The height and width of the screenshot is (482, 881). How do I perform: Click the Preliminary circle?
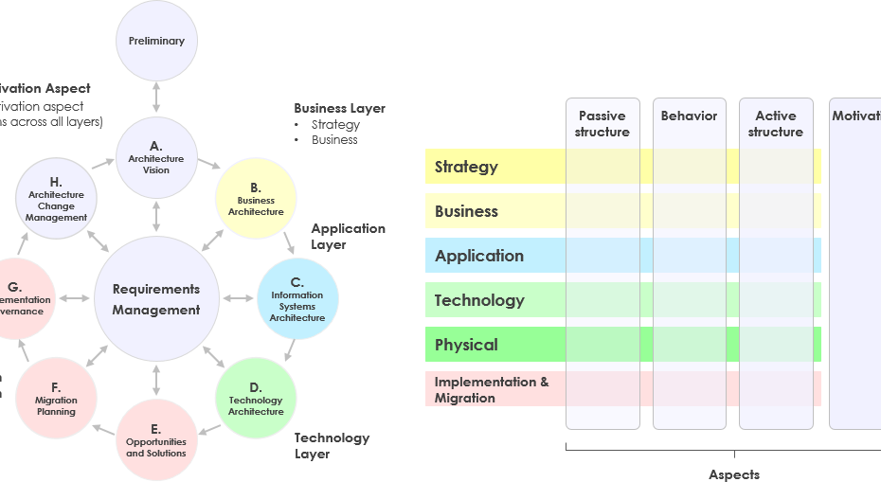[156, 41]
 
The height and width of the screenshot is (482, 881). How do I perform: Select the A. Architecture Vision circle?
[156, 157]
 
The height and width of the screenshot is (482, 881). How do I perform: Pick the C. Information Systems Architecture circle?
[297, 299]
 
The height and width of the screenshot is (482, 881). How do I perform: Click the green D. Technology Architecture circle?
[256, 397]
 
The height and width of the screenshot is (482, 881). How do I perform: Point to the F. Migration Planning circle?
[57, 398]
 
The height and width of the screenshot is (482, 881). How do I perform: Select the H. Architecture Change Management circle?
[57, 199]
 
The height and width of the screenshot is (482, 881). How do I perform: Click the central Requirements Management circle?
[156, 299]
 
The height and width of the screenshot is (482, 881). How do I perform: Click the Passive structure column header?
[602, 124]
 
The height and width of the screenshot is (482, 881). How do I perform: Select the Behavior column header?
[689, 116]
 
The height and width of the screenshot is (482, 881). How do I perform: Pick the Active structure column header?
[775, 124]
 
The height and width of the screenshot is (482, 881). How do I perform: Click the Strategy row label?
[466, 167]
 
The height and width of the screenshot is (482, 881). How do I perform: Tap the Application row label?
[478, 256]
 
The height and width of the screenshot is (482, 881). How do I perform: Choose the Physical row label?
[466, 345]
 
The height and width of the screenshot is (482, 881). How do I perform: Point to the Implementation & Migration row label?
[492, 389]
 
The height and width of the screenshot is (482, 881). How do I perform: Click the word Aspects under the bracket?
[734, 473]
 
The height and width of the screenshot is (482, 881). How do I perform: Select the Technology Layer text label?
[332, 445]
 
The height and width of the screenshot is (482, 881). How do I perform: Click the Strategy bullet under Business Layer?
[335, 124]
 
